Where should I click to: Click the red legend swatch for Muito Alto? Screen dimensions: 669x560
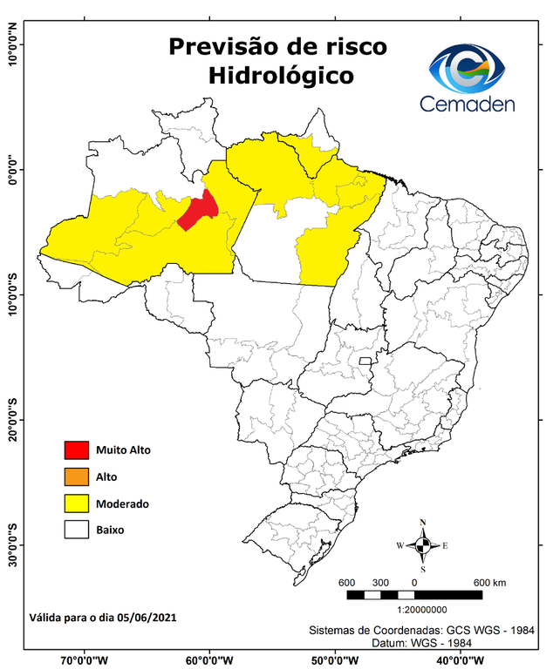coord(77,449)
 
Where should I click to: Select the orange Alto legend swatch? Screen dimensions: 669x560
coord(77,476)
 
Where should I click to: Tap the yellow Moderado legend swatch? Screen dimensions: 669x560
coord(77,503)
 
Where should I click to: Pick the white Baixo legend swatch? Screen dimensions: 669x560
coord(77,529)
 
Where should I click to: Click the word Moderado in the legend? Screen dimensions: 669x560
coord(123,503)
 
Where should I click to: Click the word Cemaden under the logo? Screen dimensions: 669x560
coord(468,104)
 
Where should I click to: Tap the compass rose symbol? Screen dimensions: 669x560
coord(422,545)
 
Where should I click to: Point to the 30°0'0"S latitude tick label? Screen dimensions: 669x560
coord(13,545)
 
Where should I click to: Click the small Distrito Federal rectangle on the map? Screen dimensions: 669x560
coord(365,360)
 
